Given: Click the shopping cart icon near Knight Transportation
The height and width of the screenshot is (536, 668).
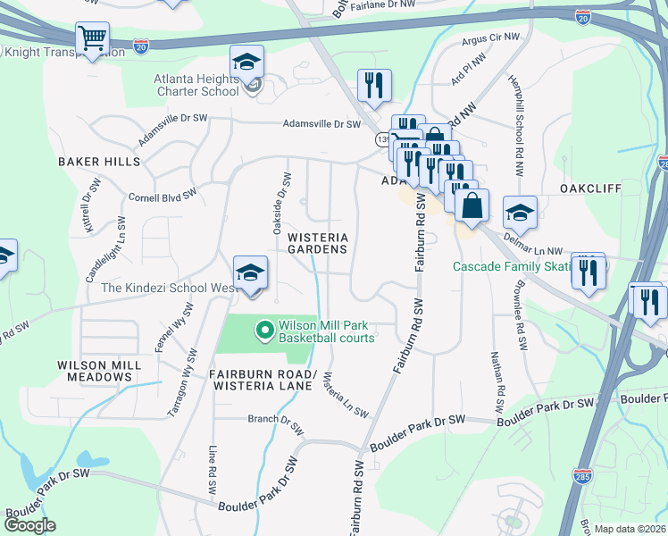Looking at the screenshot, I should coord(92,38).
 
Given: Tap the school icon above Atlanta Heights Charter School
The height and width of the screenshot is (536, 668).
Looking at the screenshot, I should coord(247,62).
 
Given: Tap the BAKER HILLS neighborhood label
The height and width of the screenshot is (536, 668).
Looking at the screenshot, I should coord(99,162).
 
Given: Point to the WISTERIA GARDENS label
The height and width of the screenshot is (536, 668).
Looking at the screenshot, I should coord(317,243).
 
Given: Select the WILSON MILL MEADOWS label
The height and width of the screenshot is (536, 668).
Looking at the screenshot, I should coord(95,371).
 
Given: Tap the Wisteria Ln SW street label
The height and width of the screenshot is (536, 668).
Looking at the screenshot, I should coord(346,396).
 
